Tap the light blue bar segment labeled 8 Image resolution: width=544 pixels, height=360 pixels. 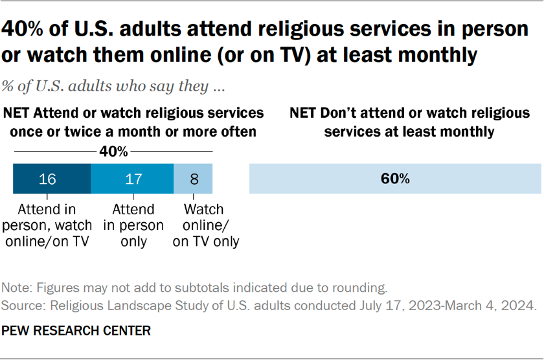click(x=193, y=179)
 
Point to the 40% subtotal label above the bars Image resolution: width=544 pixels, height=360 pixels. click(x=113, y=152)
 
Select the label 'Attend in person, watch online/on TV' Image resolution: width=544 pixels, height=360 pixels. click(x=52, y=225)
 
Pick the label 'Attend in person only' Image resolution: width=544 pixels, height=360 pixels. click(x=133, y=225)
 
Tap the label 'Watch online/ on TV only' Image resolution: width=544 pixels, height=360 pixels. click(x=204, y=225)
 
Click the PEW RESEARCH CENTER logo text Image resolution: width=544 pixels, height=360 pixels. click(x=77, y=331)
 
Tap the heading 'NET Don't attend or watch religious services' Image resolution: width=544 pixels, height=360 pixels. click(x=410, y=122)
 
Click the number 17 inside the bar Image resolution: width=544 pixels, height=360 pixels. click(x=132, y=179)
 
